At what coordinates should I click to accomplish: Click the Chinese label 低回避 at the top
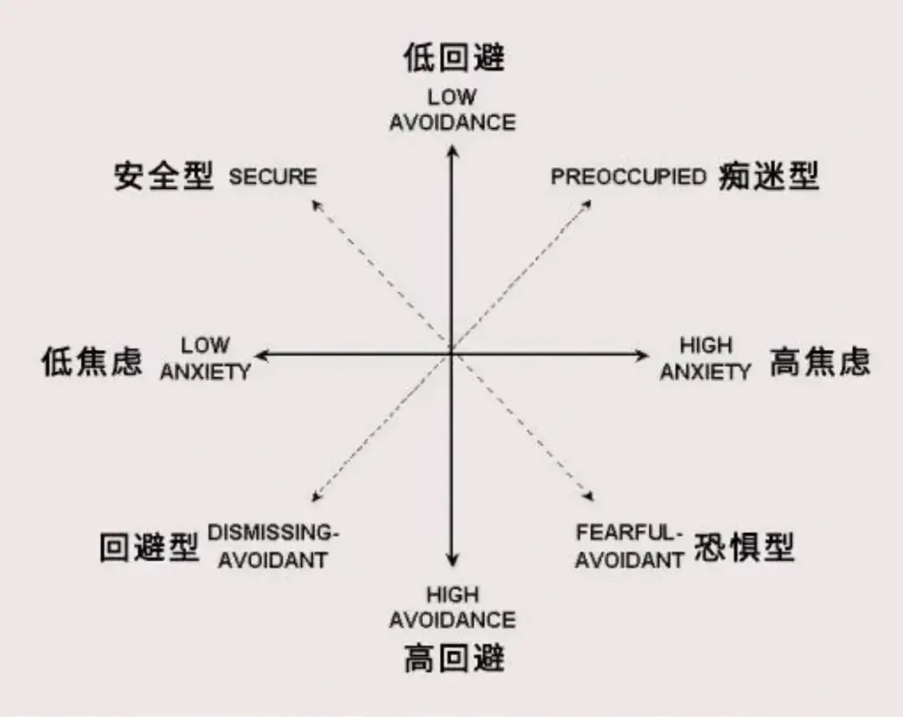pyautogui.click(x=453, y=59)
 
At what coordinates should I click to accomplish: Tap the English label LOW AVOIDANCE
pyautogui.click(x=452, y=110)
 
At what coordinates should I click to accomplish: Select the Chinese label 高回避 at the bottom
pyautogui.click(x=453, y=658)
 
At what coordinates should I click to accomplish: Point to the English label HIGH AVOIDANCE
pyautogui.click(x=452, y=608)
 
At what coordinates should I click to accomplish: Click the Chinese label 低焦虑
pyautogui.click(x=92, y=362)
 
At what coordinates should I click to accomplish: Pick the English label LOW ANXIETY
pyautogui.click(x=206, y=359)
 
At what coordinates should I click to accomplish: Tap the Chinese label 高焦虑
pyautogui.click(x=819, y=362)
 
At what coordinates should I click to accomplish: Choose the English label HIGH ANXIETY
pyautogui.click(x=706, y=359)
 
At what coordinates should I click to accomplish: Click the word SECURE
pyautogui.click(x=273, y=177)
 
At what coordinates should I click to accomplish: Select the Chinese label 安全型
pyautogui.click(x=164, y=177)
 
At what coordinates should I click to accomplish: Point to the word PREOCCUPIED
pyautogui.click(x=628, y=177)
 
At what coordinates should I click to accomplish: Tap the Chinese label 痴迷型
pyautogui.click(x=768, y=177)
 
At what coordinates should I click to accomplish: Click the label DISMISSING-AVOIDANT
pyautogui.click(x=273, y=546)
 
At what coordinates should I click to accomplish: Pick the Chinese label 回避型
pyautogui.click(x=149, y=548)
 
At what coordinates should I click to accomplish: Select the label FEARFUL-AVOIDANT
pyautogui.click(x=630, y=546)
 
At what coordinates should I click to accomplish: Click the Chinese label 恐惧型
pyautogui.click(x=743, y=548)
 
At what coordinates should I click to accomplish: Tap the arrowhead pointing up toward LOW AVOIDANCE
pyautogui.click(x=452, y=151)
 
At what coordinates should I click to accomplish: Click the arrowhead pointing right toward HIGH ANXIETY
pyautogui.click(x=644, y=355)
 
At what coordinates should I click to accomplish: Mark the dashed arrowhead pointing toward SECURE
pyautogui.click(x=316, y=203)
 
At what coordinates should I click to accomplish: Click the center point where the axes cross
pyautogui.click(x=451, y=354)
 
